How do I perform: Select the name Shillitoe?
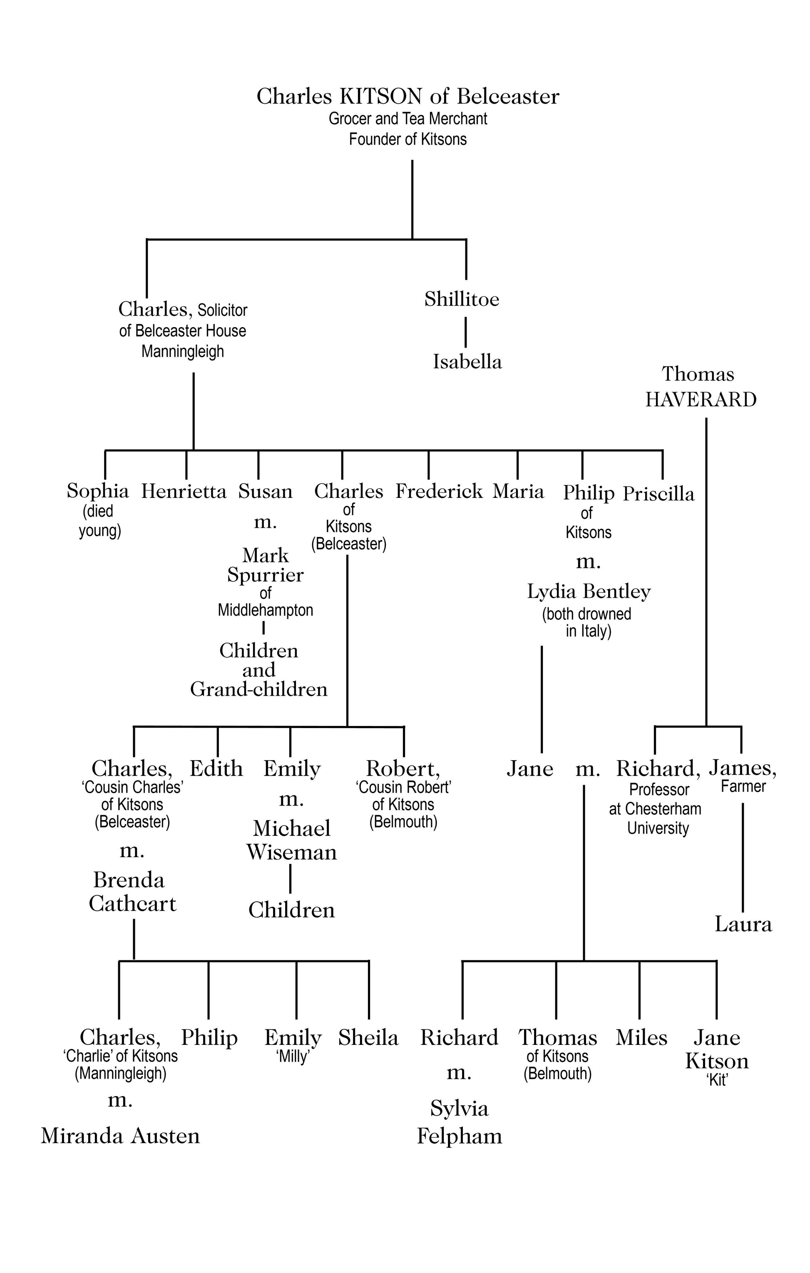tap(462, 299)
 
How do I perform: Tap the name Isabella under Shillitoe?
tap(467, 362)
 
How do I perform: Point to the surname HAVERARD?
tap(701, 400)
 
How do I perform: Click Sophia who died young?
tap(98, 491)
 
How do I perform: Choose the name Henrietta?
tap(184, 492)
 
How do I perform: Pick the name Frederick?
tap(439, 491)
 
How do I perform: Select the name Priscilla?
tap(658, 494)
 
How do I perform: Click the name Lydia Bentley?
tap(589, 592)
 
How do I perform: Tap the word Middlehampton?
tap(266, 610)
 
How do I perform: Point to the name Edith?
tap(216, 768)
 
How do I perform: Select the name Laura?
tap(743, 924)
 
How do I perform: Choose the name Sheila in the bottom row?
tap(368, 1037)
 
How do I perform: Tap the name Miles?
tap(641, 1037)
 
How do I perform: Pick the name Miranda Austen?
tap(121, 1136)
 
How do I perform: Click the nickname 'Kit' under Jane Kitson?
tap(717, 1079)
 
